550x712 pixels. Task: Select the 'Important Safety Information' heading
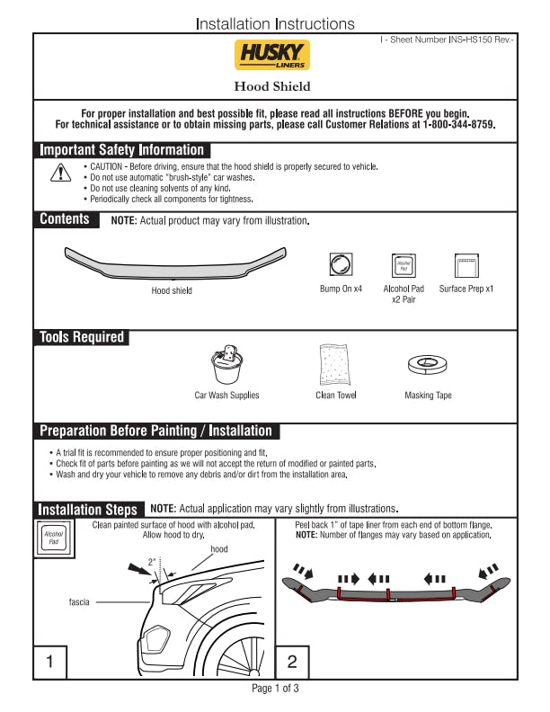click(x=122, y=150)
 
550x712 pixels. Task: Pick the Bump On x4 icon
click(x=341, y=265)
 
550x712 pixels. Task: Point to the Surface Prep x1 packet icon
click(x=466, y=265)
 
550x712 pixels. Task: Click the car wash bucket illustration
click(x=226, y=363)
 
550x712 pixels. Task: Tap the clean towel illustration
click(x=336, y=364)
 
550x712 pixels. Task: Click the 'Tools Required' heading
click(x=81, y=337)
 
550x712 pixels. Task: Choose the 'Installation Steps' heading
click(x=87, y=509)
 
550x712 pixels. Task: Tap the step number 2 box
click(x=292, y=662)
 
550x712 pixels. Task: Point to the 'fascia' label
click(x=79, y=601)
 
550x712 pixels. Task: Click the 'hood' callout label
click(x=219, y=548)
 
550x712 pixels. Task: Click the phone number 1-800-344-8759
click(x=458, y=125)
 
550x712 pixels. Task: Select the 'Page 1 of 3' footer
click(x=275, y=689)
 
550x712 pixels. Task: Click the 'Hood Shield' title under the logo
click(x=272, y=86)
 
